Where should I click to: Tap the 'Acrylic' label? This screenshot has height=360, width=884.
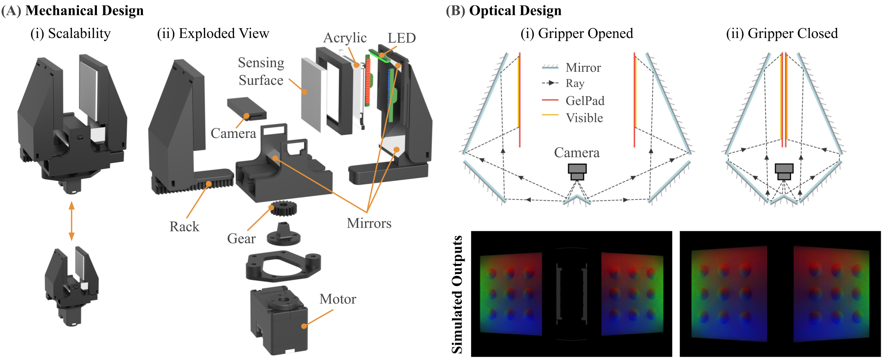pos(345,38)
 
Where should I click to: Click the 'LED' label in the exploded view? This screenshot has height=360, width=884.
pos(401,38)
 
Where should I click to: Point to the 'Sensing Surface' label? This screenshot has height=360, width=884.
pos(261,71)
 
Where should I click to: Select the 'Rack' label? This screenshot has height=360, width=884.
pos(184,227)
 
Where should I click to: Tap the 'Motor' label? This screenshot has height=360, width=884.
pos(338,299)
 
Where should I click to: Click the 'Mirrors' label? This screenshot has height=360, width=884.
pos(369,223)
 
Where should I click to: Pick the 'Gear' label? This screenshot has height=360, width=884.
pos(241,239)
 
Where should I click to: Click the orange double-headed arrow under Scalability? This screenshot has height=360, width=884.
pos(71,221)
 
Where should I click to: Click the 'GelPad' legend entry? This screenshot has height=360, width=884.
pos(585,101)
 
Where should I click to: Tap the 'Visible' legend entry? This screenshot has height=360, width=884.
pos(584,118)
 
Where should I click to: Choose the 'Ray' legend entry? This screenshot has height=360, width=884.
pos(575,83)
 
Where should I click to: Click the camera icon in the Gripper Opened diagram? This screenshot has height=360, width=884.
pos(577,172)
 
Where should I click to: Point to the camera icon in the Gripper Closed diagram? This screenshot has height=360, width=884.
pos(784,172)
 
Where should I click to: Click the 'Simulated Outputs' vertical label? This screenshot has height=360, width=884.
pos(457,294)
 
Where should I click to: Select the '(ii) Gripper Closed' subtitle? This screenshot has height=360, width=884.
pos(782,34)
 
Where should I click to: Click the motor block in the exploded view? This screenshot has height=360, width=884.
pos(279,320)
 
